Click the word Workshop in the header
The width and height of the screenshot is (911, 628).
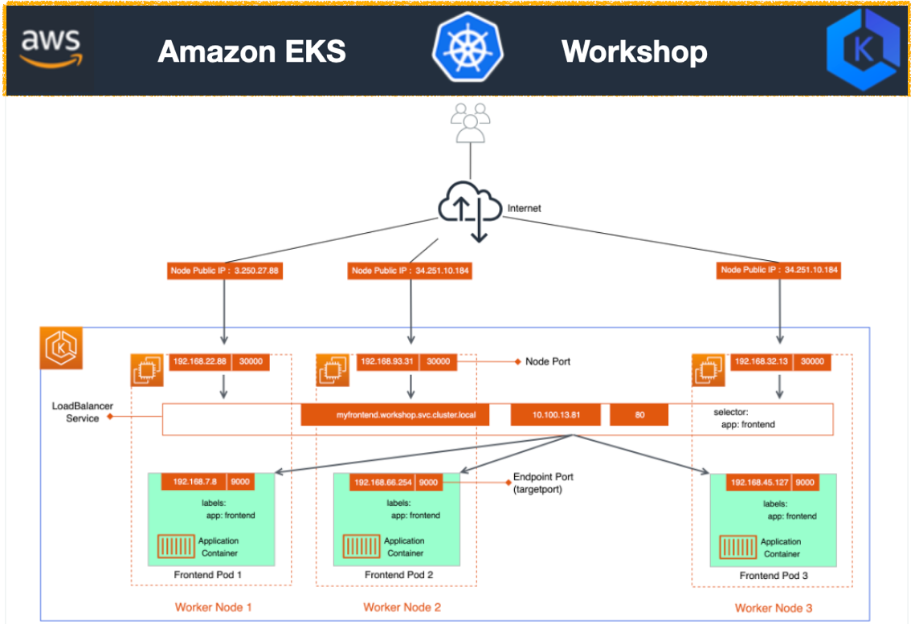pos(634,51)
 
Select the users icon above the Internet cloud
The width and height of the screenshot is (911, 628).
pos(470,123)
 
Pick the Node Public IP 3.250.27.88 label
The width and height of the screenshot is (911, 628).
pos(225,271)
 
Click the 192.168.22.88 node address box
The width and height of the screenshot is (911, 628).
pos(198,362)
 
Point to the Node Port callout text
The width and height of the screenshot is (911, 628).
pos(547,362)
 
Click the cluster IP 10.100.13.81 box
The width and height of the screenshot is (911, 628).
pos(555,415)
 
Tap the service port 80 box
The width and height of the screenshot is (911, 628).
pos(639,415)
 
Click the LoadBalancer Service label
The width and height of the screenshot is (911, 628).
pos(76,413)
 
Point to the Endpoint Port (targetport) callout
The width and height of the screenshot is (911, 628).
pos(542,483)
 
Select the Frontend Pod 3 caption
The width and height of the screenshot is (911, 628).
pos(774,576)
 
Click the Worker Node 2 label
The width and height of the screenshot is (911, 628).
pos(402,607)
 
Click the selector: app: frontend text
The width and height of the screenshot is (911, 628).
pos(744,418)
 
